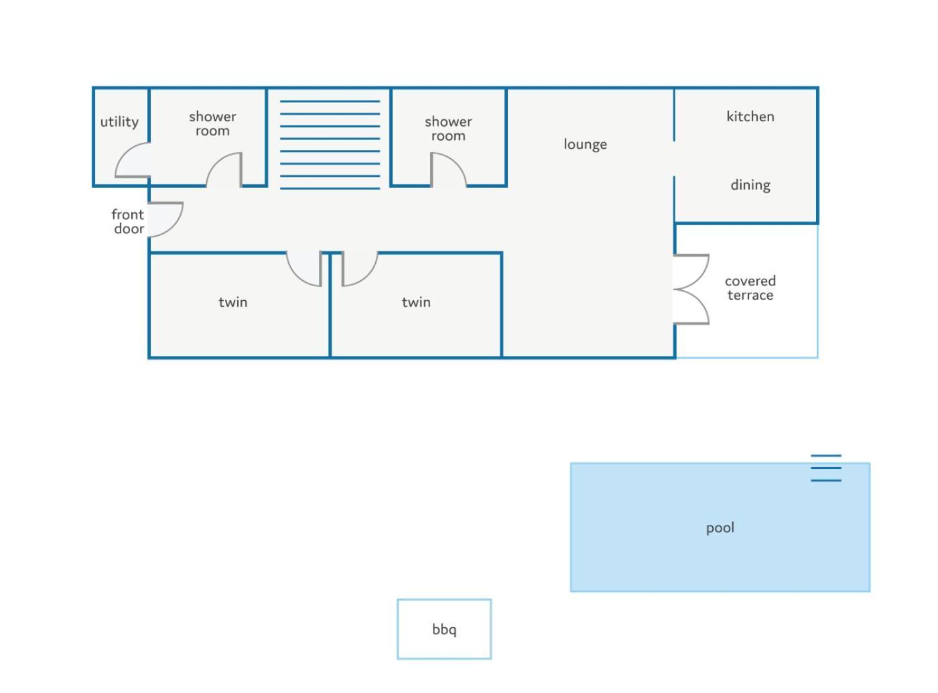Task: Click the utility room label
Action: tap(119, 122)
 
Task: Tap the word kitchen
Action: tap(750, 117)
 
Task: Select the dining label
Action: tap(750, 185)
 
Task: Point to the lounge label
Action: tap(585, 144)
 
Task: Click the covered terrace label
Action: tap(750, 288)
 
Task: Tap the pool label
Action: tap(720, 527)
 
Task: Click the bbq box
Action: tap(444, 629)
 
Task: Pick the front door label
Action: tap(128, 221)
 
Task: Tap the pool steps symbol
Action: tap(825, 468)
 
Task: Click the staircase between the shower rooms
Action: tap(330, 145)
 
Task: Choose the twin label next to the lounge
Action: tap(416, 302)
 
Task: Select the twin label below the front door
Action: tap(232, 302)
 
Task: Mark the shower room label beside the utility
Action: tap(212, 123)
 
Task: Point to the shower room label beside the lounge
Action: tap(448, 129)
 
